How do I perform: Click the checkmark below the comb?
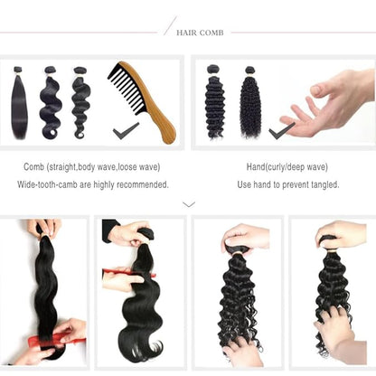(x=126, y=132)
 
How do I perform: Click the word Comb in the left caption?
(x=36, y=167)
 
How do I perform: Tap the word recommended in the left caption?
(x=144, y=184)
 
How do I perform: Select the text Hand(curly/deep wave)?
(x=288, y=167)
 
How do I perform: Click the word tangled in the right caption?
(x=322, y=184)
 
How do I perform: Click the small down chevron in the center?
(x=189, y=204)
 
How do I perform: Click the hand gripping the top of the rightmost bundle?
(x=340, y=233)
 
